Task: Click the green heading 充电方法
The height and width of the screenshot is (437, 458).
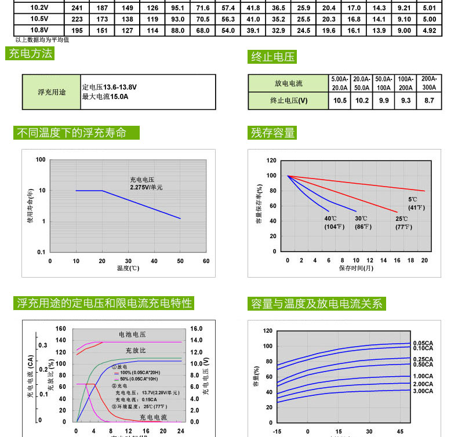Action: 30,54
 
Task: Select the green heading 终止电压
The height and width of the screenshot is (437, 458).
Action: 272,56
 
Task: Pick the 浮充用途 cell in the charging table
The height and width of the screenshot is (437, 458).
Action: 52,92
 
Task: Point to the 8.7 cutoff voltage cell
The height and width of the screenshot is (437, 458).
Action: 429,101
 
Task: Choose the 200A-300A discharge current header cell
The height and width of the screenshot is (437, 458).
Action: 429,83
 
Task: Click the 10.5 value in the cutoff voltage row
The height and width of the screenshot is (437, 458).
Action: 340,101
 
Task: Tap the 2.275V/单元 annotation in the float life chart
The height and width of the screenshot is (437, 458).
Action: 146,188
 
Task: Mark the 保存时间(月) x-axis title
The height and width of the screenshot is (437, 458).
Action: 356,268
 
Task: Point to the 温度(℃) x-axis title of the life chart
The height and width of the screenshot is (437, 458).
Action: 128,268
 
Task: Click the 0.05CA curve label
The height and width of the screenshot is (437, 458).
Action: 423,343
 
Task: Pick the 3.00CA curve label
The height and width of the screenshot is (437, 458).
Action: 423,391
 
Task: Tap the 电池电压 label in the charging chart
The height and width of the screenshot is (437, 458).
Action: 132,335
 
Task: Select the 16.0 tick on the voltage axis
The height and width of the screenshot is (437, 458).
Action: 196,329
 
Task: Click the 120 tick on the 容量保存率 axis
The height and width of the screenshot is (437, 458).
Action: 271,160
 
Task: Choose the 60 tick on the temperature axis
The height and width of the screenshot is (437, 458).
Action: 206,261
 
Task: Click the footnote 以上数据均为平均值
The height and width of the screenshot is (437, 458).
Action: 42,40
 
